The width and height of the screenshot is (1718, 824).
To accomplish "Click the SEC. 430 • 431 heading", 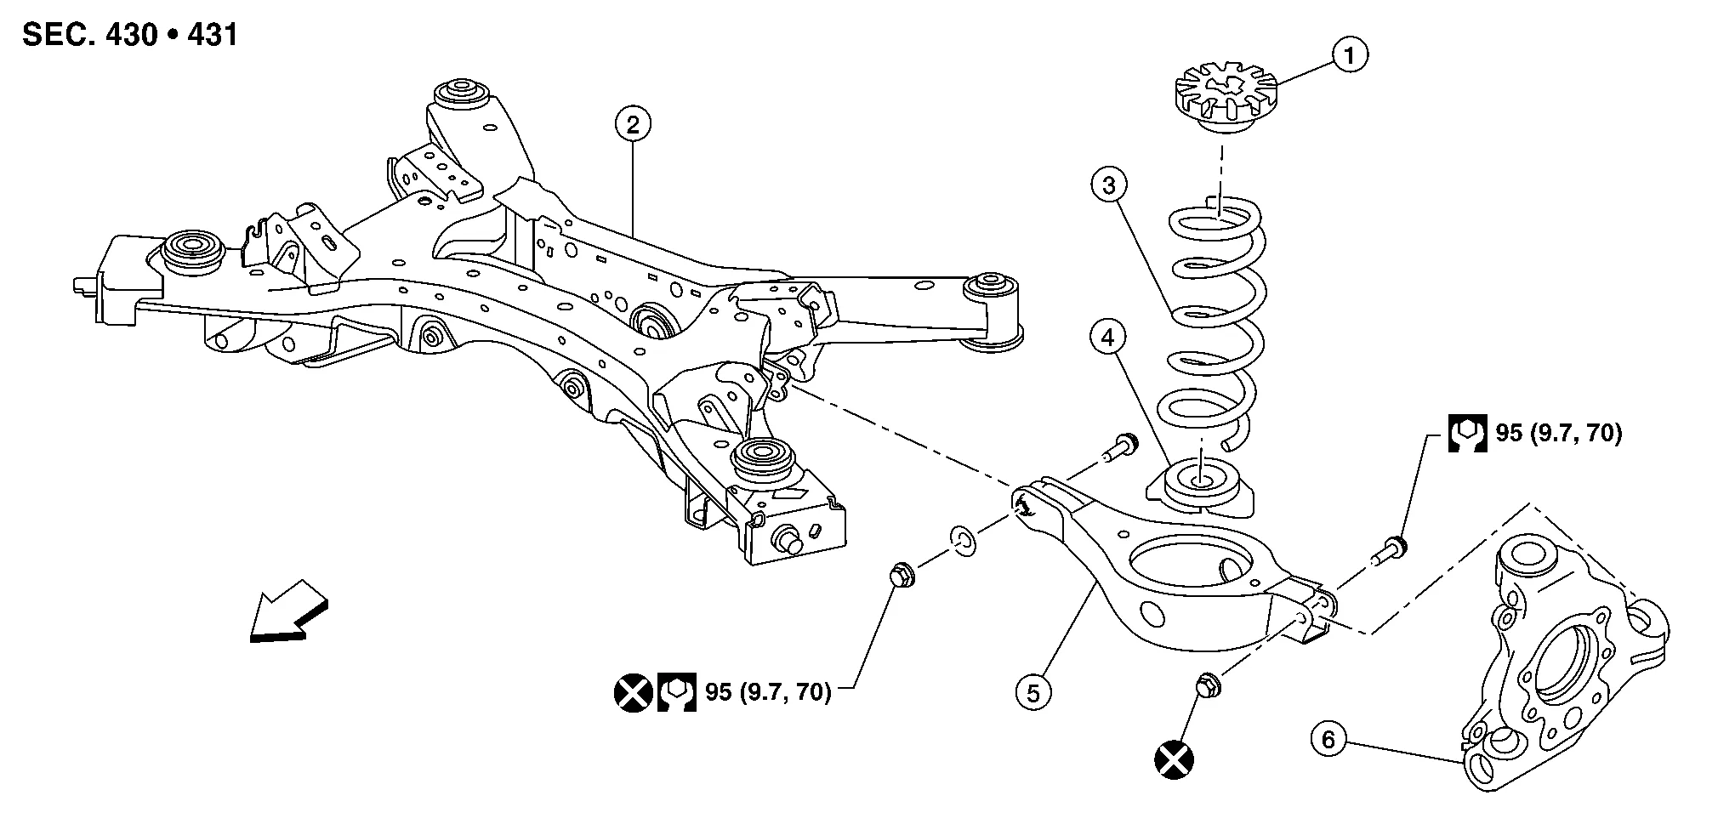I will pos(130,36).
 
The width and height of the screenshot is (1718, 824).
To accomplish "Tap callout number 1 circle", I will pos(1349,55).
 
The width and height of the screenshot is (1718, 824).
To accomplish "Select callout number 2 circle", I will pos(633,125).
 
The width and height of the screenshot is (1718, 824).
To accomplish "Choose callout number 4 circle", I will pos(1107,338).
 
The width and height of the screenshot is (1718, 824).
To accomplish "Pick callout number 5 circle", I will pos(1033,693).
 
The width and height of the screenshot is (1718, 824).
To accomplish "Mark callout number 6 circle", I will pos(1328,740).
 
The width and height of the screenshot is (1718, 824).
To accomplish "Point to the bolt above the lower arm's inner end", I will pos(1118,447).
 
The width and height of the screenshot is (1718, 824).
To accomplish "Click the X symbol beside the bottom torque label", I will pos(632,693).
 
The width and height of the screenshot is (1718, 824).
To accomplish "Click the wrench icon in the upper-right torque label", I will pos(1467,434).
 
